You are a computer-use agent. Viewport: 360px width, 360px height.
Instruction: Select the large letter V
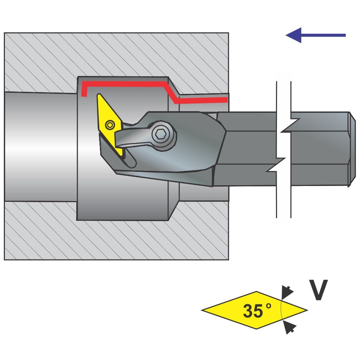click(x=318, y=290)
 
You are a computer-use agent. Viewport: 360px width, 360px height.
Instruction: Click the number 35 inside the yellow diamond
click(x=252, y=311)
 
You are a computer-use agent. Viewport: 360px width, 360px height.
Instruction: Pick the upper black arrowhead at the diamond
click(x=288, y=291)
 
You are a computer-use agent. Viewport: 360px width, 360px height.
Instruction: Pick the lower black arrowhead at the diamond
click(x=289, y=328)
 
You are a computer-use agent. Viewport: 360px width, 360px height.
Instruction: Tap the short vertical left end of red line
click(x=83, y=90)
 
